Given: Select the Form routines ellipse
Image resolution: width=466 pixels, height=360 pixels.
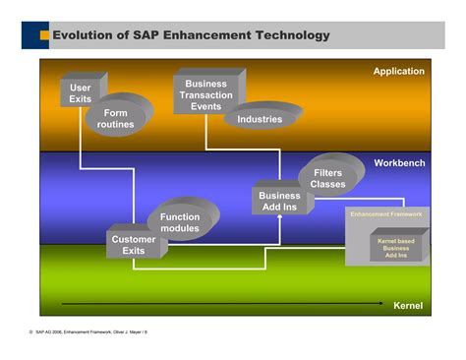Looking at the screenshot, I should click(x=116, y=119).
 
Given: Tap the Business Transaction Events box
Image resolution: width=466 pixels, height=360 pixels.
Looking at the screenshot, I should click(x=206, y=94).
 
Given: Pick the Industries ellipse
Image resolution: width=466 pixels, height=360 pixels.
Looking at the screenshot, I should click(x=260, y=119).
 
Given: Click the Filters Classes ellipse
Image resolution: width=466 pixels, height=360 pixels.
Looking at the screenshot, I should click(x=327, y=178).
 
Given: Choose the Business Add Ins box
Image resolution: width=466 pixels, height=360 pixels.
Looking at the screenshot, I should click(x=280, y=201).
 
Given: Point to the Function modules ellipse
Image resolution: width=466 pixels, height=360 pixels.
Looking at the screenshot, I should click(x=180, y=222).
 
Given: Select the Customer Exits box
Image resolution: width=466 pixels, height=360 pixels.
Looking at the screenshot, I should click(x=134, y=245).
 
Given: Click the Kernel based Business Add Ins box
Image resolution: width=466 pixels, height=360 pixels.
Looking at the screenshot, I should click(x=396, y=248).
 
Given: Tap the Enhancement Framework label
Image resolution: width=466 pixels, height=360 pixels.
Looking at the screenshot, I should click(x=386, y=212).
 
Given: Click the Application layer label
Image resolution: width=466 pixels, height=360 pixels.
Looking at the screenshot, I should click(x=398, y=71).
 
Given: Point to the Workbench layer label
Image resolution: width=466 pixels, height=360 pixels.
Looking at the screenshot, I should click(x=398, y=161).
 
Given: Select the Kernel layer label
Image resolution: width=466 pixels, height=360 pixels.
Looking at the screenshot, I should click(x=408, y=305).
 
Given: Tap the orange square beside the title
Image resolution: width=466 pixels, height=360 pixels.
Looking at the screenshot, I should click(x=44, y=36).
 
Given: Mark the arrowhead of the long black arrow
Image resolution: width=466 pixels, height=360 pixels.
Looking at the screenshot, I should click(x=380, y=304).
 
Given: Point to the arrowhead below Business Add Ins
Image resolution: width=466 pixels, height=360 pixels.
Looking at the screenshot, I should click(x=280, y=218).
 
